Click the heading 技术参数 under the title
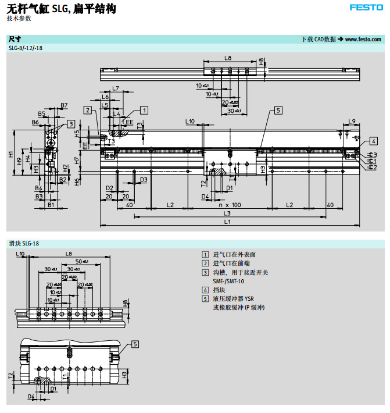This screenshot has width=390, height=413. pos(19,19)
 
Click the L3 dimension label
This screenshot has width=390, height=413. pos(227,213)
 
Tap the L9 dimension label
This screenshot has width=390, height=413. pos(352,121)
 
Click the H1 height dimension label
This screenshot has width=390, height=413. pos(11,154)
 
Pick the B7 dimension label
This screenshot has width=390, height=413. pos(63,105)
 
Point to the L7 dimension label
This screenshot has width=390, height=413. pos(115,88)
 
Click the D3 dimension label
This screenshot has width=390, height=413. pos(143,180)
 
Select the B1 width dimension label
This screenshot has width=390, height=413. pos(51,205)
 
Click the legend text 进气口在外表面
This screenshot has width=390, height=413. pos(234,255)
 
